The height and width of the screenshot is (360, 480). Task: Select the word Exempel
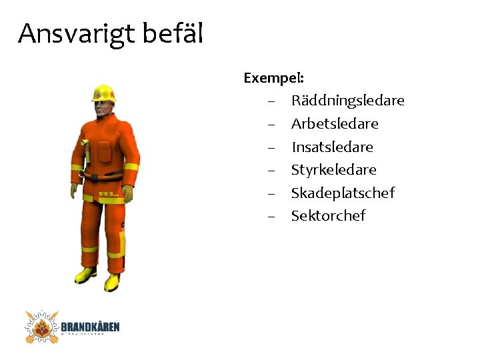tap(273, 78)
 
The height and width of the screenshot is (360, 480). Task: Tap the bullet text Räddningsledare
tap(347, 101)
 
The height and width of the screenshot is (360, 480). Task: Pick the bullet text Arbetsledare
tap(335, 124)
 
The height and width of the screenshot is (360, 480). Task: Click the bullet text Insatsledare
tap(332, 147)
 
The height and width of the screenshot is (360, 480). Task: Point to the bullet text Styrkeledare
tap(333, 170)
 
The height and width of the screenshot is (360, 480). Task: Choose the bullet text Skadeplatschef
tap(343, 193)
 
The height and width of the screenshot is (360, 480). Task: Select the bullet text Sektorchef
tap(328, 216)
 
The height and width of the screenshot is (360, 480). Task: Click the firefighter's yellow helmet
tap(103, 93)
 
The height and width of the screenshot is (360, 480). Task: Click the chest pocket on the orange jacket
tap(103, 151)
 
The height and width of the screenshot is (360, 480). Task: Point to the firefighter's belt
tap(104, 177)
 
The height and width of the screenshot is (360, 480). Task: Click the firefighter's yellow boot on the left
tap(86, 274)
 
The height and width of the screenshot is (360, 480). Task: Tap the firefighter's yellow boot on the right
tap(112, 281)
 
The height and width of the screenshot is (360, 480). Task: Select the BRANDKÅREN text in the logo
tap(90, 327)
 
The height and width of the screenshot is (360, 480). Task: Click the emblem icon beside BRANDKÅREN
tap(42, 327)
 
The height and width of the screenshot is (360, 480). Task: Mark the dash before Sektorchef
tap(271, 216)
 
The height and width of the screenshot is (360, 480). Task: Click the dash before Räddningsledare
tap(271, 101)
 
